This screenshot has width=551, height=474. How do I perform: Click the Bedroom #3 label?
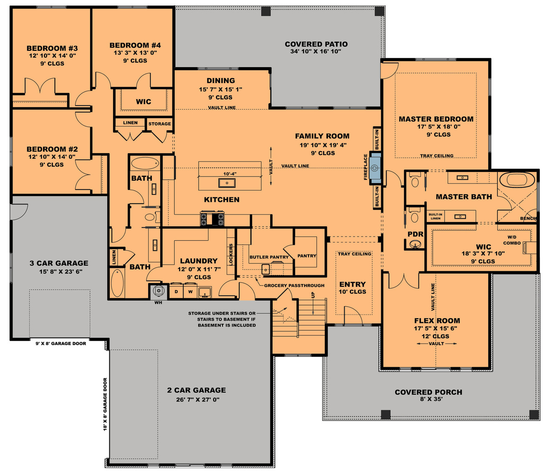click(x=52, y=48)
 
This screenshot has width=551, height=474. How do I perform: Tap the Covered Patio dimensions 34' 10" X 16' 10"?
click(x=316, y=52)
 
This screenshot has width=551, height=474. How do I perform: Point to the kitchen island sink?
click(x=227, y=183)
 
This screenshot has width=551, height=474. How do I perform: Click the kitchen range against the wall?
click(x=212, y=219)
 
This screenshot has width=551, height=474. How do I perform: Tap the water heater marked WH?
click(x=159, y=291)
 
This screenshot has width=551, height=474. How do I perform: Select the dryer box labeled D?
click(x=176, y=292)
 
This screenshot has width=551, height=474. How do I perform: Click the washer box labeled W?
click(x=190, y=292)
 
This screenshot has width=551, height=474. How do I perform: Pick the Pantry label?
click(x=307, y=256)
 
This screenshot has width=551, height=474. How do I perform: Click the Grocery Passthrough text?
click(x=294, y=285)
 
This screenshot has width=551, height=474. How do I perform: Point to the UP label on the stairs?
click(x=313, y=295)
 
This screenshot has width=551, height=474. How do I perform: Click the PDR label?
click(x=415, y=234)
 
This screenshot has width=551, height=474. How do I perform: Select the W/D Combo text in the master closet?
click(x=512, y=240)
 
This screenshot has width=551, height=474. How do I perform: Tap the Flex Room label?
click(x=437, y=320)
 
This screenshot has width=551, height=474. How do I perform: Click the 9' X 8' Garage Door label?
click(x=61, y=343)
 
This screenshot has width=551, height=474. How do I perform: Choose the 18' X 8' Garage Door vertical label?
click(x=105, y=404)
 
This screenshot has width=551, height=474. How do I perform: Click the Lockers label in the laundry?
click(x=231, y=255)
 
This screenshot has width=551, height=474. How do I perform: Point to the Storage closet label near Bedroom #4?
click(x=159, y=124)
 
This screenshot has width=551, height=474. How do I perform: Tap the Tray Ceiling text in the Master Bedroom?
click(x=437, y=156)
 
